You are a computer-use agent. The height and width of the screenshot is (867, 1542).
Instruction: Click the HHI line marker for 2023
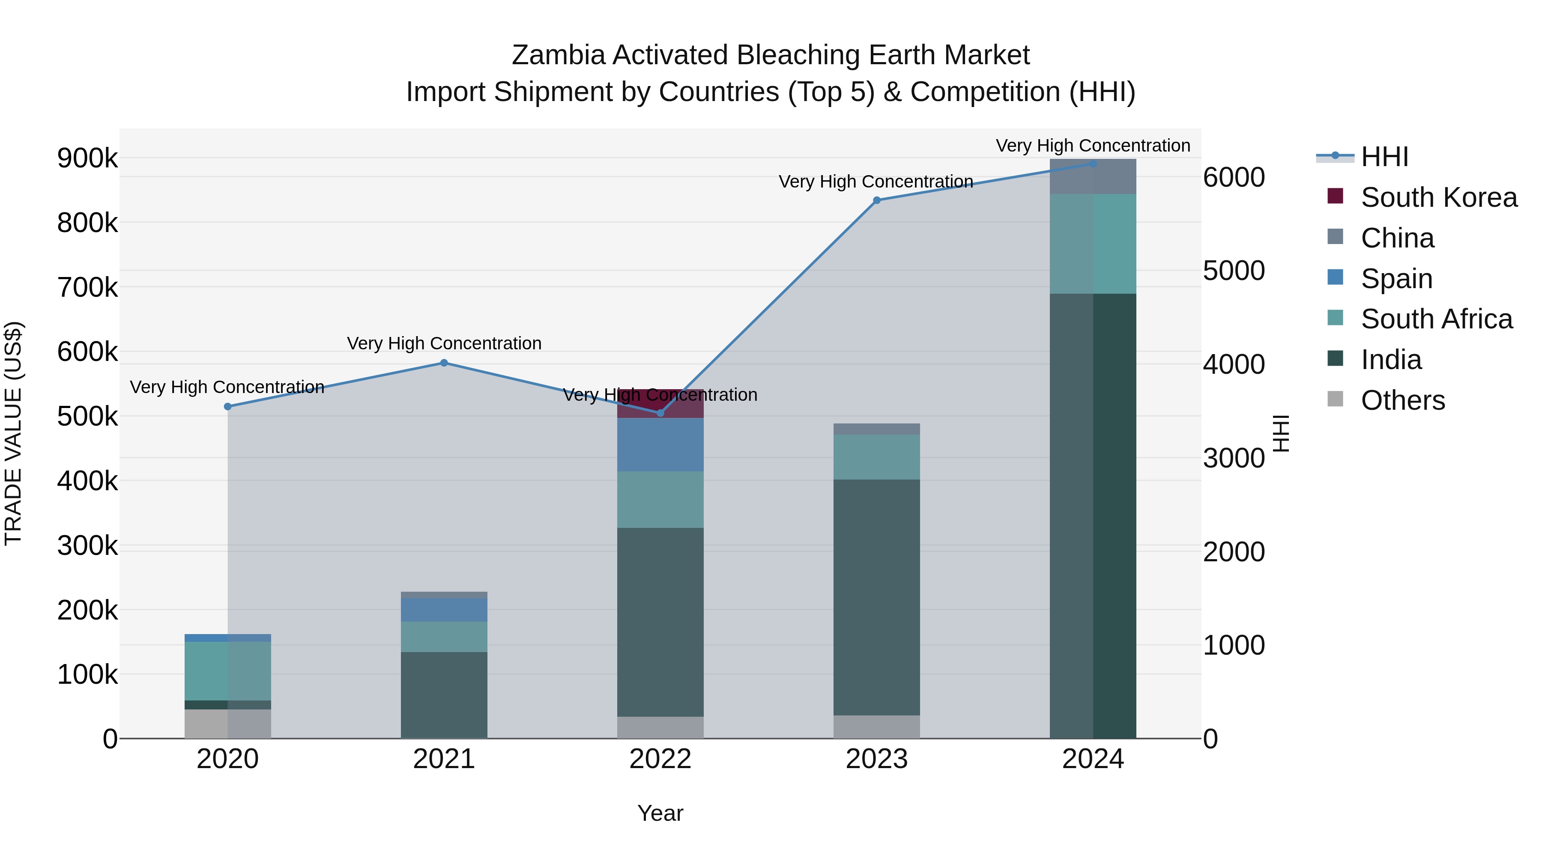coord(876,200)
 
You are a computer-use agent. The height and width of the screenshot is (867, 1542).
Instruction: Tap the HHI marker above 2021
coord(444,363)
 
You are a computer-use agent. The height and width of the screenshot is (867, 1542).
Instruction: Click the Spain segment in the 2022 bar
coord(660,444)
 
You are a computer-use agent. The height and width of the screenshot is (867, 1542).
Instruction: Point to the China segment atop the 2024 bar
coord(1093,177)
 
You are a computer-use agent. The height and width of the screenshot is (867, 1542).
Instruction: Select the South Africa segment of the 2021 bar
coord(444,637)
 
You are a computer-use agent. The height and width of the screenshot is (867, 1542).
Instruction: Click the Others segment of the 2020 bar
coord(227,724)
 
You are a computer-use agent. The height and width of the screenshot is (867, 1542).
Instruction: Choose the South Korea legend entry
coord(1438,197)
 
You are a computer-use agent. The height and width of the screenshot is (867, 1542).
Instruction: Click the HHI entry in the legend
coord(1384,157)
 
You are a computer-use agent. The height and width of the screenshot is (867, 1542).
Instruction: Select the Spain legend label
coord(1396,279)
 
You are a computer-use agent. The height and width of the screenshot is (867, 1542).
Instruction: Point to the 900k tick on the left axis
coord(87,158)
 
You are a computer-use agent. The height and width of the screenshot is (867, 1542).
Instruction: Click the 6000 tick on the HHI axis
coord(1234,177)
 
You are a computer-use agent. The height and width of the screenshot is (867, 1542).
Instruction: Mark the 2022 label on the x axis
coord(660,759)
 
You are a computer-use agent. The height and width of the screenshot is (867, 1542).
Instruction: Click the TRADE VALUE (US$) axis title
coord(13,433)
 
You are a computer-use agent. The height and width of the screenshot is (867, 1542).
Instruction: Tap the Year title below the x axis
coord(660,813)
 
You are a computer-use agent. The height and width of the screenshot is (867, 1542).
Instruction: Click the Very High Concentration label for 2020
coord(227,387)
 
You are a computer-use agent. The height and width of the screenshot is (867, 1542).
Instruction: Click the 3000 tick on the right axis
coord(1234,458)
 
